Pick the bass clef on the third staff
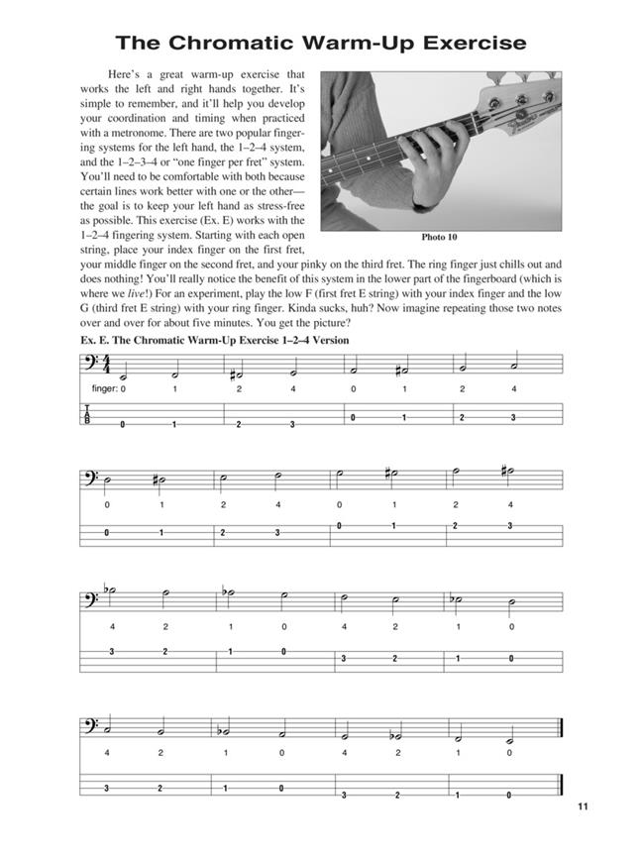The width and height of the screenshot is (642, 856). click(x=92, y=600)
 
